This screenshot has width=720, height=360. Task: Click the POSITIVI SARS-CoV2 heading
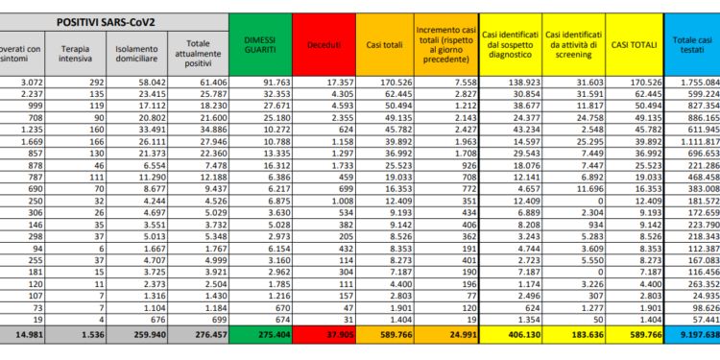point(108,20)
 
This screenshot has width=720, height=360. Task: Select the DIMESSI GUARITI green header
point(260,43)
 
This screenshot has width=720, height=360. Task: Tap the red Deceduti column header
point(323,44)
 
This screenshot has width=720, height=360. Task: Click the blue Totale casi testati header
point(690,44)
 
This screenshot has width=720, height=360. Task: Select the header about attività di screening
point(571,44)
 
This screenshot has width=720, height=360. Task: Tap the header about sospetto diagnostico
point(509,44)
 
